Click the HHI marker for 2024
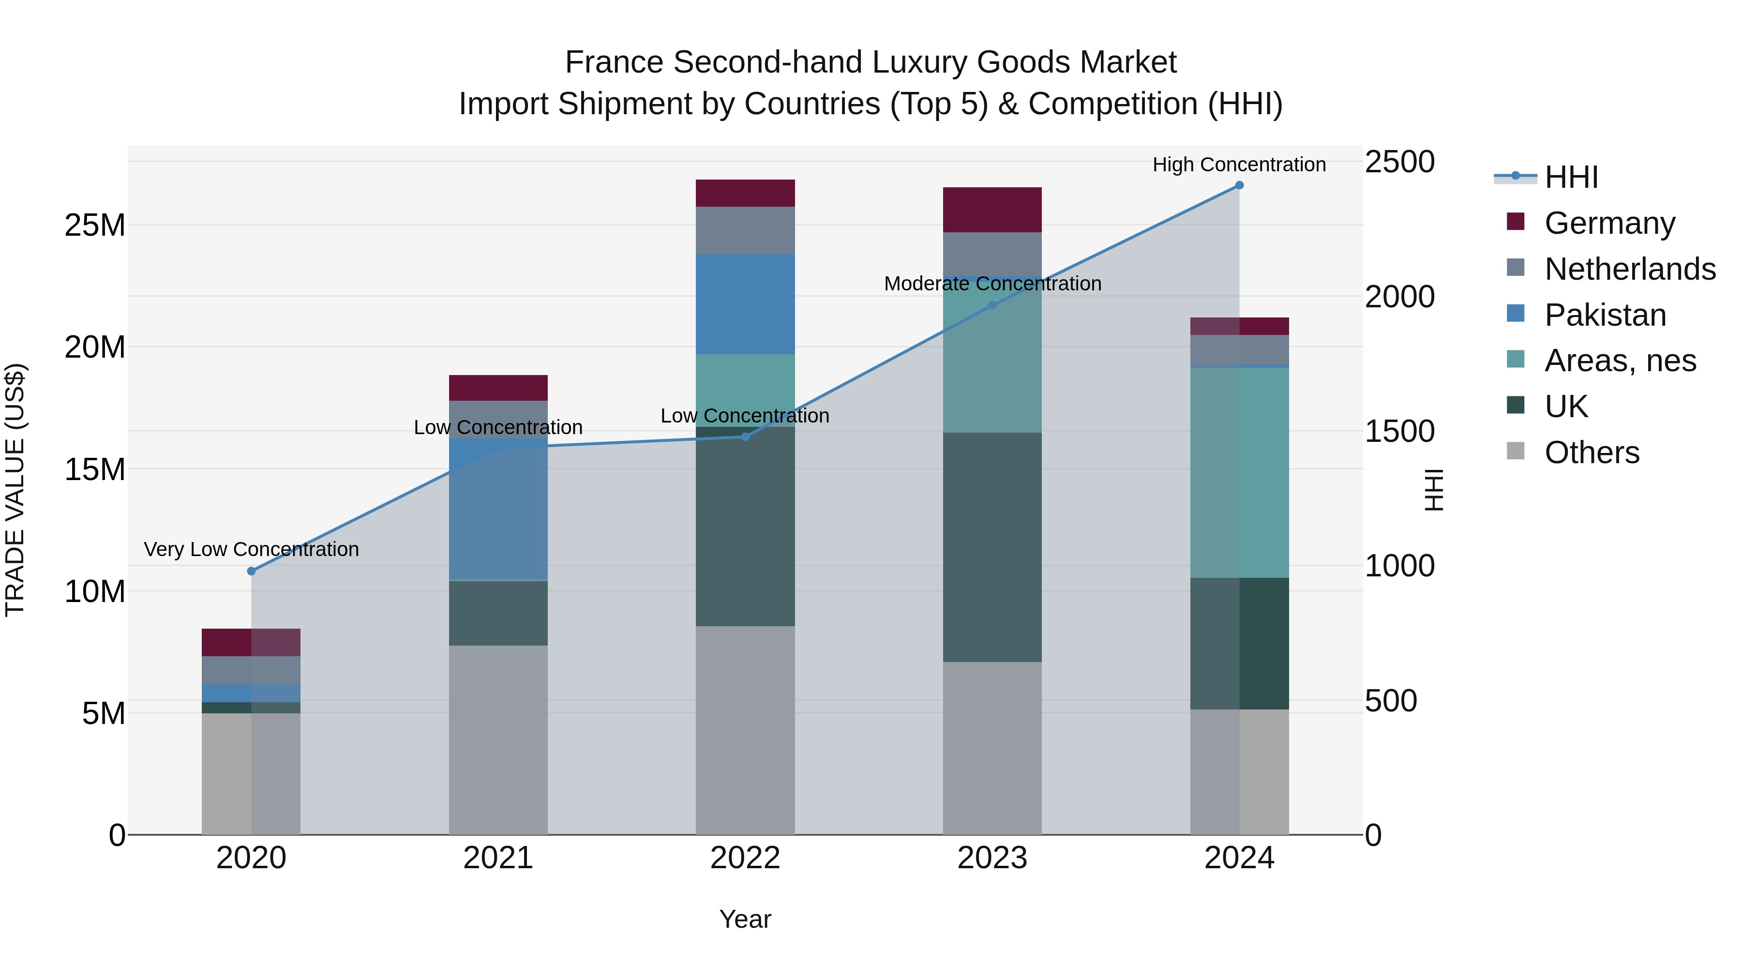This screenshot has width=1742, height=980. [x=1239, y=185]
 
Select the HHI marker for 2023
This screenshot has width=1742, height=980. [x=992, y=305]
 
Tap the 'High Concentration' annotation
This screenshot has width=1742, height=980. [x=1239, y=165]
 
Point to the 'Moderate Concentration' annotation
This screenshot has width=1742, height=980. [x=992, y=284]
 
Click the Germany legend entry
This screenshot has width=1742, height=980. [x=1609, y=223]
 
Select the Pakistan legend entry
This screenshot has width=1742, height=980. [x=1605, y=315]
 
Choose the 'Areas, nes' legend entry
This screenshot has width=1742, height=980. [x=1620, y=361]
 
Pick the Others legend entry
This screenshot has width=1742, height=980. [x=1591, y=452]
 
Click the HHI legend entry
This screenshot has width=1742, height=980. [x=1571, y=177]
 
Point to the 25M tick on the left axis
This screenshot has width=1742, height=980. [x=95, y=225]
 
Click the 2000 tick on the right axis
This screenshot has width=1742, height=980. [x=1399, y=297]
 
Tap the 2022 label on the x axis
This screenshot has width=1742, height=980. [x=745, y=858]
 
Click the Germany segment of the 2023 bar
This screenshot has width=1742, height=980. [x=992, y=210]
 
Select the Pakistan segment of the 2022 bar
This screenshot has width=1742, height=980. [x=745, y=304]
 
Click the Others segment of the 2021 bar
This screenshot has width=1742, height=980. [x=498, y=740]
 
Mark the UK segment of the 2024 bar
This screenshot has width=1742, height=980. [x=1239, y=643]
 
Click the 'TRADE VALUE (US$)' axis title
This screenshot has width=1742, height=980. [x=15, y=490]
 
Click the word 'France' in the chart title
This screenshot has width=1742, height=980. [x=614, y=62]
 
